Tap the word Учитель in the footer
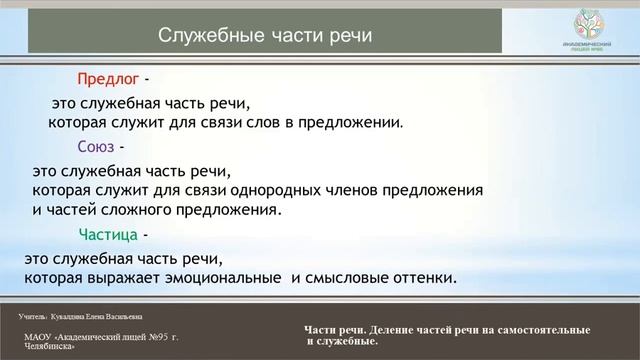[x=31, y=315]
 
